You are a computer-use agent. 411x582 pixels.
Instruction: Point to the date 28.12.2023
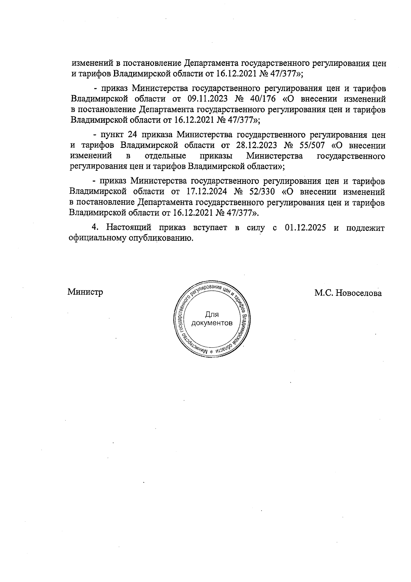[256, 146]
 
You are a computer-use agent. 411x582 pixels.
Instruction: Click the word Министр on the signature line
[85, 292]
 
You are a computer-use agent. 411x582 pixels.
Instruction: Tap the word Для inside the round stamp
[212, 314]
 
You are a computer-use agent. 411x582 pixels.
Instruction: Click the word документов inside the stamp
[212, 323]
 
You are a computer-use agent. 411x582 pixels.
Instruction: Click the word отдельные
[165, 156]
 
